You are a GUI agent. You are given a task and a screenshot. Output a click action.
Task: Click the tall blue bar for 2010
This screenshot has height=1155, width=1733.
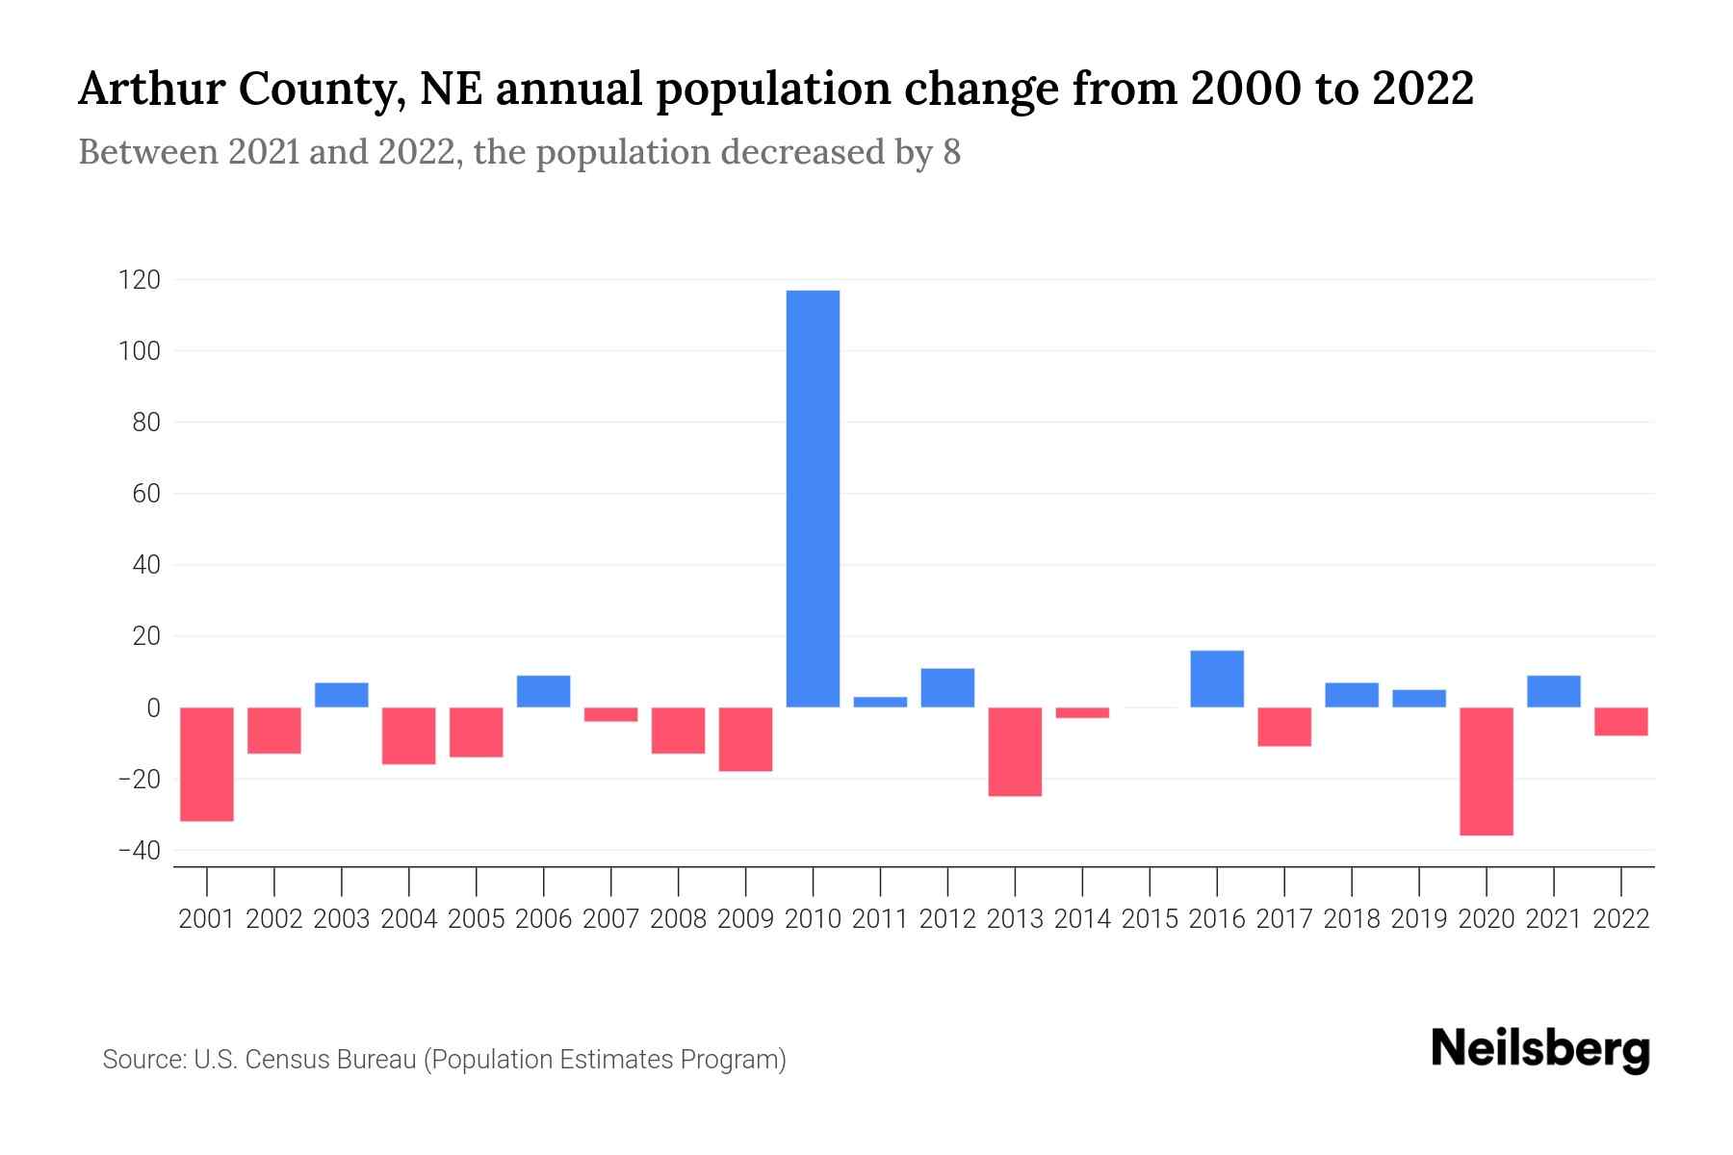[813, 499]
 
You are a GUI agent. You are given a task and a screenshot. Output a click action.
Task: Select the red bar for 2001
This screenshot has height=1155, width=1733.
[207, 764]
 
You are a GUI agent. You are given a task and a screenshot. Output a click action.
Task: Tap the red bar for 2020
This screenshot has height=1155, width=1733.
[1487, 771]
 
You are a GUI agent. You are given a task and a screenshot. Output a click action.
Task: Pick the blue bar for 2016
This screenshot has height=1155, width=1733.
[1217, 679]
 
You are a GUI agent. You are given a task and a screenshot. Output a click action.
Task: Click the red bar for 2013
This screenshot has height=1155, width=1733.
[1015, 752]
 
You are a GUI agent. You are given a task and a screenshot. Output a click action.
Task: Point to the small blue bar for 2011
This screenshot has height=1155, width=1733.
[880, 702]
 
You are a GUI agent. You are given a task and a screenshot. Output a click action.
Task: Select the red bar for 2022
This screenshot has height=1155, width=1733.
[1621, 721]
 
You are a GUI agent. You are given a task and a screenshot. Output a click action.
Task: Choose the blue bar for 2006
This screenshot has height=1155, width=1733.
[544, 691]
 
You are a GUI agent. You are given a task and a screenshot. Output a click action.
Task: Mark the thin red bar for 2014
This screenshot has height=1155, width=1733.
[1082, 712]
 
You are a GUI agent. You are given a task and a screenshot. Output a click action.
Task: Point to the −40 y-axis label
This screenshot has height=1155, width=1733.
[139, 850]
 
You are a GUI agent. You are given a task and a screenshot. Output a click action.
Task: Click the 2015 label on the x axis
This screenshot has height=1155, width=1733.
[1150, 919]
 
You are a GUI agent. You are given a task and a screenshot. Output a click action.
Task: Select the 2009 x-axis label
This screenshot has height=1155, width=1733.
[746, 919]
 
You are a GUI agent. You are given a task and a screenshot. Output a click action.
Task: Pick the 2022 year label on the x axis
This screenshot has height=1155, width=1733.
[1621, 919]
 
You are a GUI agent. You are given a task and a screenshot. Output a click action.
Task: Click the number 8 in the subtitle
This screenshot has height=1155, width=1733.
[951, 153]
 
